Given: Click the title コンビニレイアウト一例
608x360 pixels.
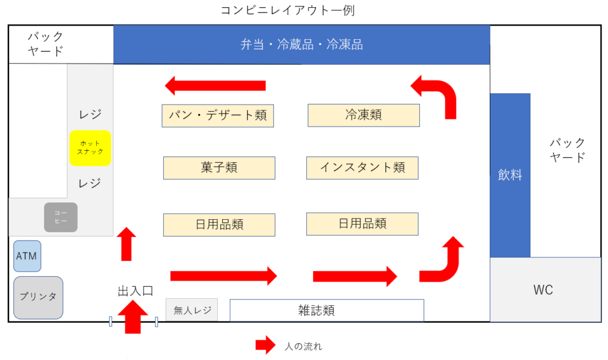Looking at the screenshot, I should click(287, 10).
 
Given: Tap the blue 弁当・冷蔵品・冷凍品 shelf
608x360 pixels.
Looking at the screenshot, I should click(301, 45).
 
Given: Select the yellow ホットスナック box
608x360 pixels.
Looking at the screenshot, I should click(90, 148).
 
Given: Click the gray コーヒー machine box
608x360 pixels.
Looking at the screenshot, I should click(61, 217).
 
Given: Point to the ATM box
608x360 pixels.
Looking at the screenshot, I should click(27, 256).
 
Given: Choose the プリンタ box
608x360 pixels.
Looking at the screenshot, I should click(38, 296).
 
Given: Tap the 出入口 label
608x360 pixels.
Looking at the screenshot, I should click(135, 290).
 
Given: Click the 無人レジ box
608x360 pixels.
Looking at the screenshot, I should click(192, 310).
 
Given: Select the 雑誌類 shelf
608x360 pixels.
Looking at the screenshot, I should click(327, 310).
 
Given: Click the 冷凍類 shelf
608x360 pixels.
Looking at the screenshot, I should click(363, 115).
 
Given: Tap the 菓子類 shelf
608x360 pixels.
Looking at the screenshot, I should click(219, 168).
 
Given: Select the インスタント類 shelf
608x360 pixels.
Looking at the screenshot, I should click(362, 168).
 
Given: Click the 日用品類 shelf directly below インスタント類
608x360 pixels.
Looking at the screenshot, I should click(362, 223).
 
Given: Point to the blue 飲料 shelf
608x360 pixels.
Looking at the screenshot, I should click(509, 175).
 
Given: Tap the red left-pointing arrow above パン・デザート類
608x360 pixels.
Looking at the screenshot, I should click(215, 86).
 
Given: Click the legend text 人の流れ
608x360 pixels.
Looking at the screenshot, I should click(303, 346).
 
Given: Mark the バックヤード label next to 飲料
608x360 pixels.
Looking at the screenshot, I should click(567, 150).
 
